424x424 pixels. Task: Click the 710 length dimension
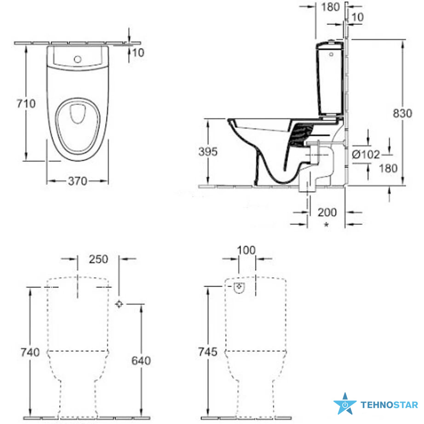[x=26, y=103]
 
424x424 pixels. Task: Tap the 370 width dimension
[x=78, y=181]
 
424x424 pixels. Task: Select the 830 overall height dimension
[x=402, y=113]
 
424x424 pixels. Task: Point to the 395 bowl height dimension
[x=208, y=152]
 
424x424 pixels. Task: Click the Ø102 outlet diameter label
[x=366, y=155]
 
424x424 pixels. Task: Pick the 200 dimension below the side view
[x=327, y=212]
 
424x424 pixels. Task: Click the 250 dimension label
[x=99, y=259]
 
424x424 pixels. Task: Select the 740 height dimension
[x=30, y=352]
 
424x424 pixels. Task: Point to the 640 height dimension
[x=141, y=361]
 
